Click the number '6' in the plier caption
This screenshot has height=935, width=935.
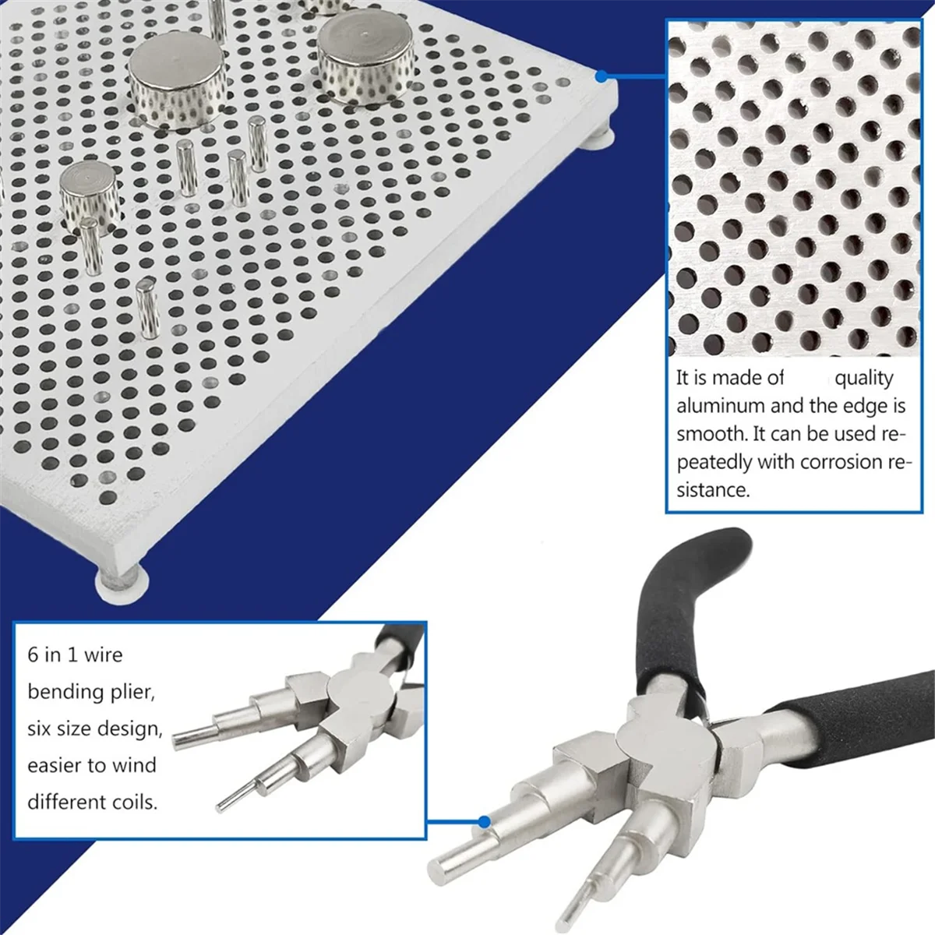coord(33,654)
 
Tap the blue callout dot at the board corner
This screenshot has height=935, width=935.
coord(601,76)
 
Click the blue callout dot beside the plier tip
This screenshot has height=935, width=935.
coord(484,821)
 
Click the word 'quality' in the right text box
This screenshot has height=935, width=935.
coord(864,378)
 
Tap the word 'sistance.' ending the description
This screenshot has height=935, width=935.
coord(712,490)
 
